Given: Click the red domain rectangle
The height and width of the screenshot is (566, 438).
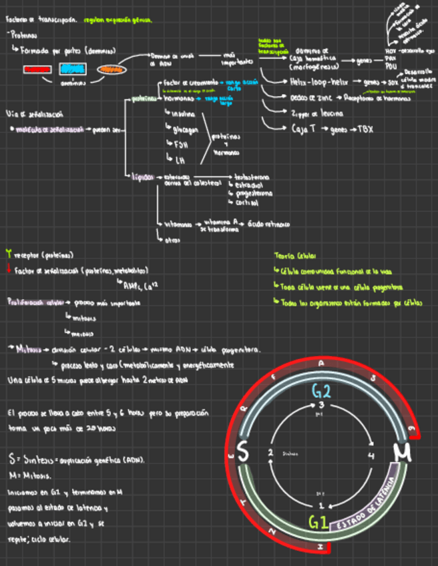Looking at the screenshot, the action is (37, 69).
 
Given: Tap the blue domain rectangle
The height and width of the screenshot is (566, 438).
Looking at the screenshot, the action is (72, 69).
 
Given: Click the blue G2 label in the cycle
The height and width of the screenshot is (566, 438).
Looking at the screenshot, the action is (322, 391).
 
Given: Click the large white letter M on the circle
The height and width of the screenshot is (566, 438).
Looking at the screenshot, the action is (402, 454).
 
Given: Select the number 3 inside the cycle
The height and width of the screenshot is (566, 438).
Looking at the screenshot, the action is (321, 406).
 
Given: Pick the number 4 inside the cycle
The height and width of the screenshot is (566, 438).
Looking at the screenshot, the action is (371, 456).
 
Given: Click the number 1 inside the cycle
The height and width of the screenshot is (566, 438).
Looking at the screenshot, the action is (321, 505).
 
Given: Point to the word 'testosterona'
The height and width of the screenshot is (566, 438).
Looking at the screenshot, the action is (253, 178).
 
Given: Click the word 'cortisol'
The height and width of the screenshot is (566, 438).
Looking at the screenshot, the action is (247, 202).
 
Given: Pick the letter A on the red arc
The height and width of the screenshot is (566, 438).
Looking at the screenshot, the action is (322, 364).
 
